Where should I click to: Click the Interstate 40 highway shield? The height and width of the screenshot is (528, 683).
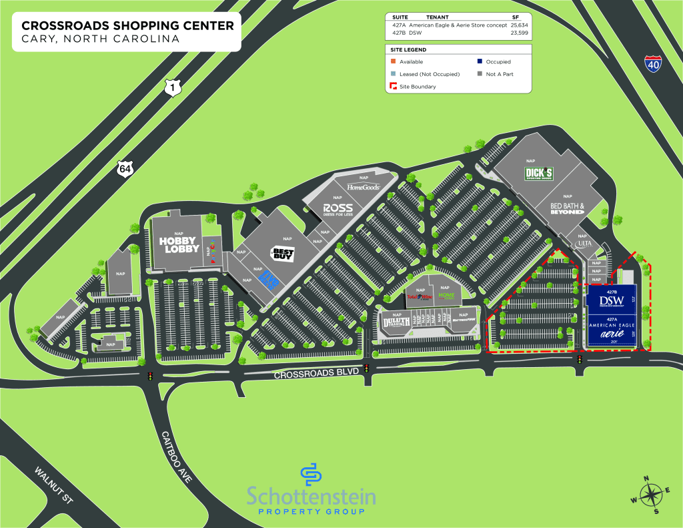coord(654,64)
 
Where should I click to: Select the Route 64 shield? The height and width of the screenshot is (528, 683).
coord(125,169)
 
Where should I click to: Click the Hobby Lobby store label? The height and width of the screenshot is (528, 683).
coord(179,244)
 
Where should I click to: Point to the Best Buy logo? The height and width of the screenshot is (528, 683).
coord(281,254)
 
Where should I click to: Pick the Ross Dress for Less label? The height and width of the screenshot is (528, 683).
coord(337,209)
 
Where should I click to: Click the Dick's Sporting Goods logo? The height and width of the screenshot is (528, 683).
coord(540,174)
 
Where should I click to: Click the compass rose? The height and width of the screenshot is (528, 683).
coord(647,495)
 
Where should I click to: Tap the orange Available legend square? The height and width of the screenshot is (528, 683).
coord(392,62)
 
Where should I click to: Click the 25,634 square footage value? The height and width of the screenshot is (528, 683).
coord(519,25)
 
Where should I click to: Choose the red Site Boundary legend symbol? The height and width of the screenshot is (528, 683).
coord(392,86)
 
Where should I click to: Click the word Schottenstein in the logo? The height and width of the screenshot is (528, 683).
coord(311,497)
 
